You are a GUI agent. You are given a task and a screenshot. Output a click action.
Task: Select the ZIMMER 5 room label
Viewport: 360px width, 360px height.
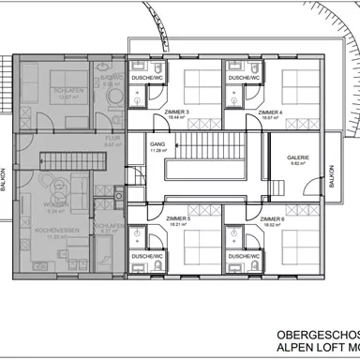click(x=175, y=218)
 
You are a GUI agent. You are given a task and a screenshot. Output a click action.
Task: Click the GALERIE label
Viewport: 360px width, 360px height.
click(x=298, y=157)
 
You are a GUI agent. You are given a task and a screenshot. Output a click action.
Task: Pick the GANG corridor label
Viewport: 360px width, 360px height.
click(x=157, y=143)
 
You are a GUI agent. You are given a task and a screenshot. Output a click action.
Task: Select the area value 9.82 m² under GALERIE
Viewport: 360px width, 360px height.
click(x=298, y=163)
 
